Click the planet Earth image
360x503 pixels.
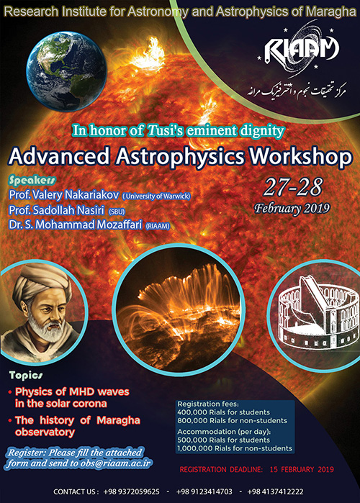coord(66,71)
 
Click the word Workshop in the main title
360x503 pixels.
coord(301,157)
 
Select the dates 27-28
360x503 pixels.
coord(293,187)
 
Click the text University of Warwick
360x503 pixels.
coord(157,196)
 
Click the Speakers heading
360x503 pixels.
coord(32,181)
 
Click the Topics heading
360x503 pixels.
coord(26,375)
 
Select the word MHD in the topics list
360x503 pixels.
coord(82,391)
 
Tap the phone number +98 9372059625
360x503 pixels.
coord(131,491)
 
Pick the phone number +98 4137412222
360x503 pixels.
coord(275,491)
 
